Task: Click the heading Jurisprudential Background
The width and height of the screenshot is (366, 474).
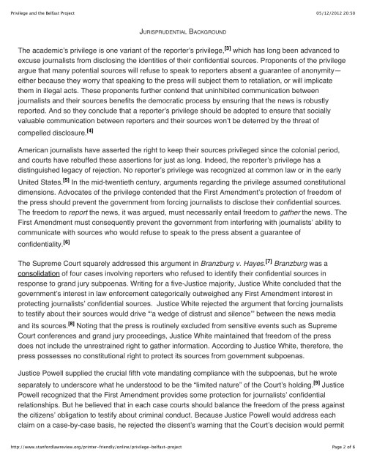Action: point(183,33)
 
